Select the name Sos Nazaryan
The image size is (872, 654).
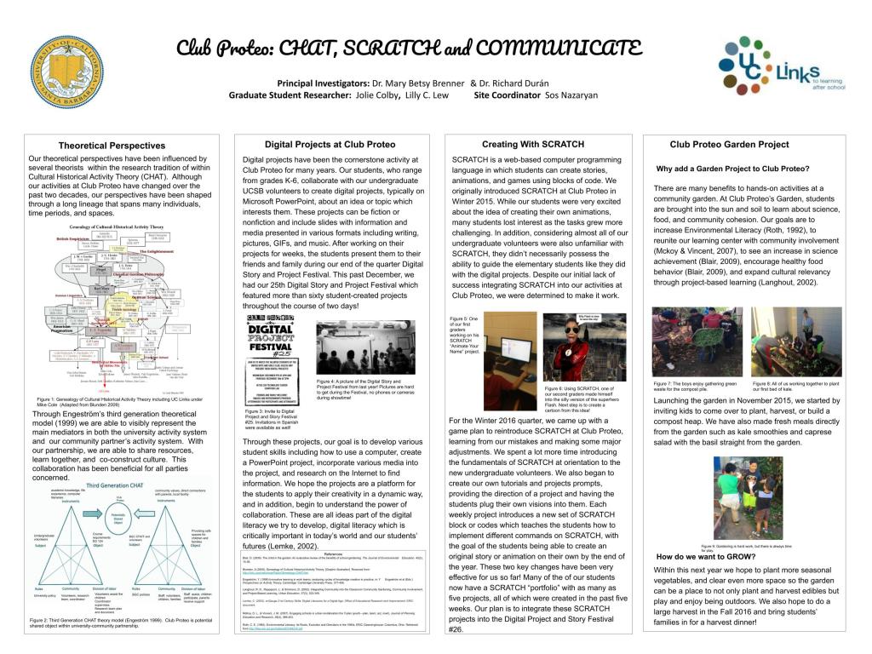[x=571, y=95]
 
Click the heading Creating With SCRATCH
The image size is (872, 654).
[x=532, y=144]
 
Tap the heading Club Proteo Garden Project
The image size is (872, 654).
[x=729, y=144]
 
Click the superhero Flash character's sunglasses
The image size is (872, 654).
[x=570, y=329]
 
